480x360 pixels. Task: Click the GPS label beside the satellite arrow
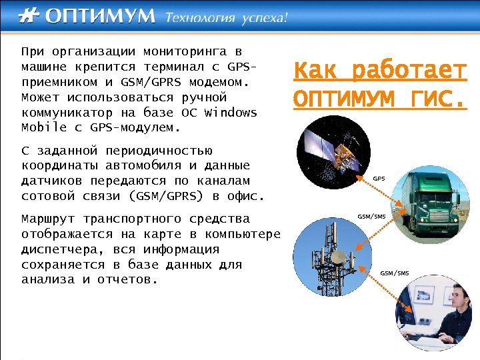click(379, 179)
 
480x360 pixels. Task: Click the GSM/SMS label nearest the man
click(394, 273)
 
